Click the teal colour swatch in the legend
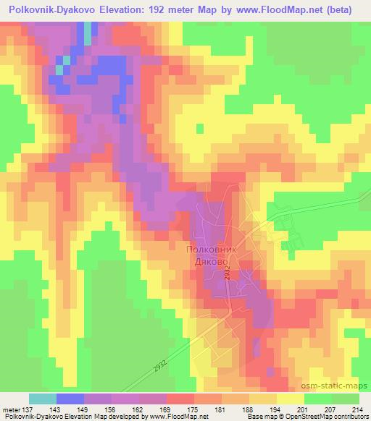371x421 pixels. tap(43, 399)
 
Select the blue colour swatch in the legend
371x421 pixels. tap(70, 399)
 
